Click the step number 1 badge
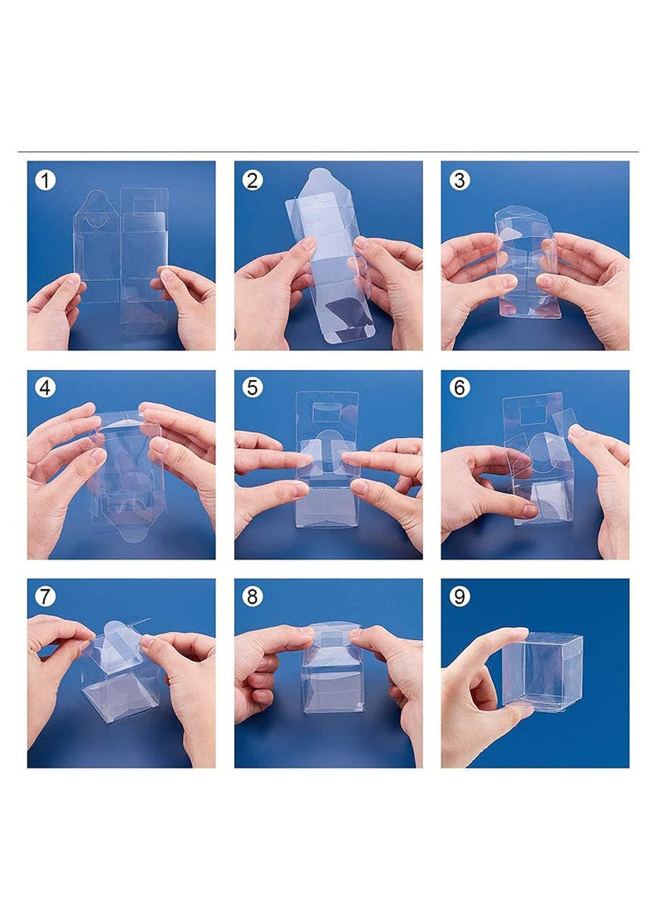[x=45, y=180]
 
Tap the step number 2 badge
[x=252, y=180]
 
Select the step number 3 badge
[x=459, y=180]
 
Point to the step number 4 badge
[x=45, y=387]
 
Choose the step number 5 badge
[x=252, y=387]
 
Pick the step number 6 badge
[x=459, y=387]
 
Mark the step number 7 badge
[x=45, y=596]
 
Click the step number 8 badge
[x=252, y=596]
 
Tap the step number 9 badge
[x=459, y=596]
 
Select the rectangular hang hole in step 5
[x=327, y=412]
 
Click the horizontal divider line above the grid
[x=328, y=151]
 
